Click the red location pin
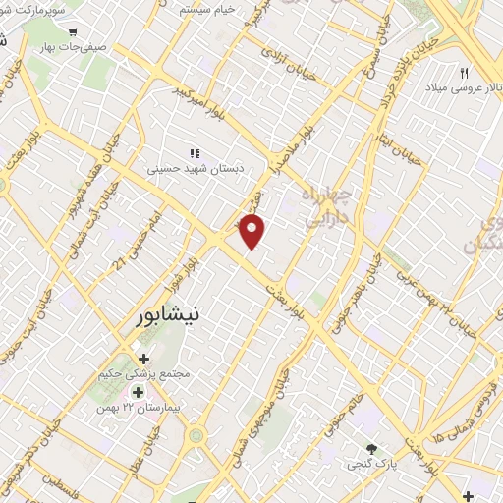253,231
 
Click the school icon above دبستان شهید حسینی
195,153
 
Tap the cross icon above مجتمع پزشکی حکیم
144,359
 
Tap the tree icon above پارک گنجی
370,449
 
